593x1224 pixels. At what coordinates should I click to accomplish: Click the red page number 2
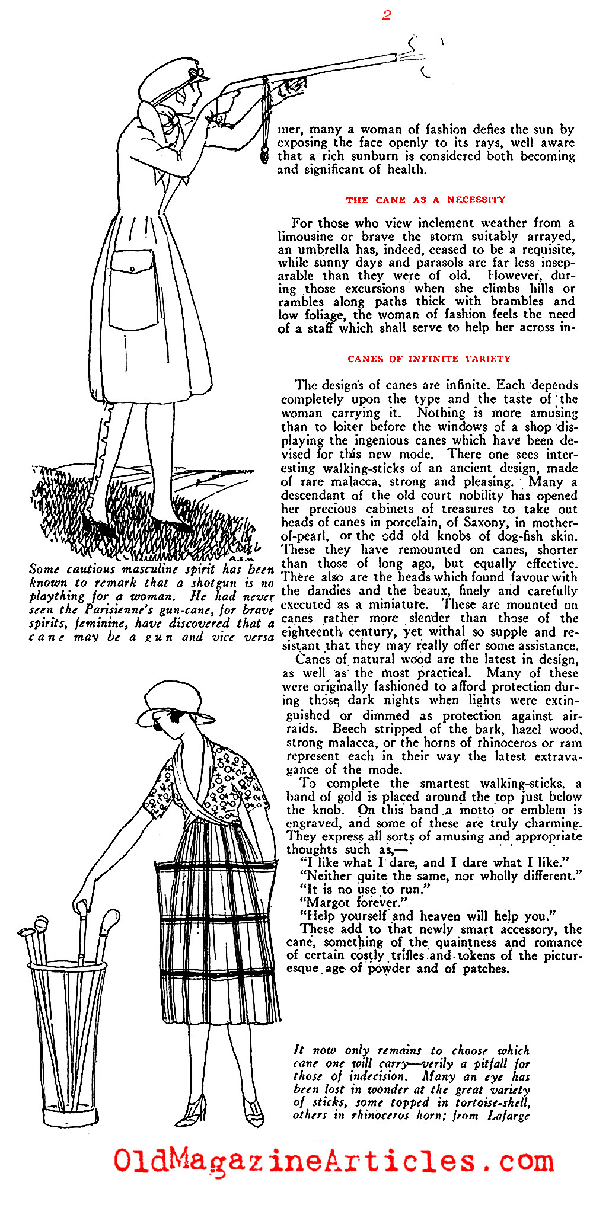(387, 15)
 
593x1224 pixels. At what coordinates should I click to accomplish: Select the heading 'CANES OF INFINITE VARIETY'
(429, 359)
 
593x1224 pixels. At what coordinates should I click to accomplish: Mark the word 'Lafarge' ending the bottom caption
(508, 1115)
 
